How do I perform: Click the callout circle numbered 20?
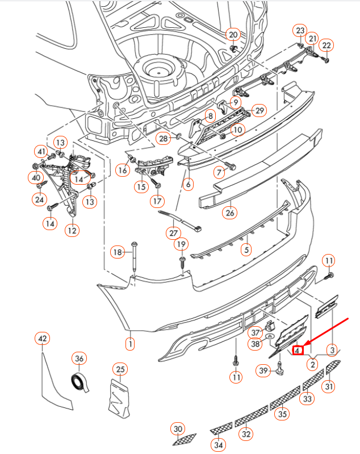tap(233, 35)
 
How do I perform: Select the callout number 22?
tap(326, 45)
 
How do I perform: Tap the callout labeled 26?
tap(230, 213)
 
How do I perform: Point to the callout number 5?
tap(246, 248)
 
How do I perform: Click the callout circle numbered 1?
tap(130, 343)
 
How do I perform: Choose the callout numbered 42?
tap(42, 339)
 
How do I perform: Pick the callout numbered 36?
tap(79, 359)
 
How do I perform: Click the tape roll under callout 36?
tap(80, 384)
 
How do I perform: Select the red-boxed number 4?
tap(298, 351)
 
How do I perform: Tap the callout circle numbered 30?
tap(178, 428)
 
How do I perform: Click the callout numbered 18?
tap(117, 252)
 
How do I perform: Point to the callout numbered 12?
tap(72, 230)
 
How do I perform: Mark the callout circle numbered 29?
tap(259, 110)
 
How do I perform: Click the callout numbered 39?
tap(263, 370)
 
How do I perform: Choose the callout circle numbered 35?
tap(282, 414)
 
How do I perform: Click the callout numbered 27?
tap(173, 233)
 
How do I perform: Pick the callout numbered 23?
tap(300, 31)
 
